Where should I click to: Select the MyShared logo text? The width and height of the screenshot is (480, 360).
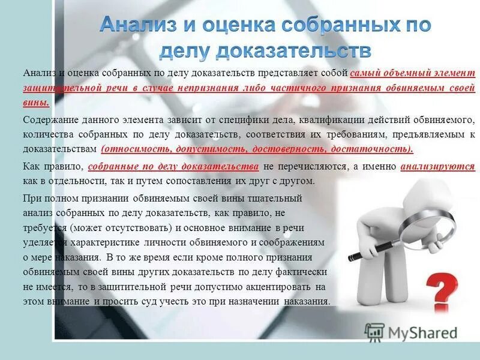419,332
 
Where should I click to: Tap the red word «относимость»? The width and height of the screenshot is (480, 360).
133,149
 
